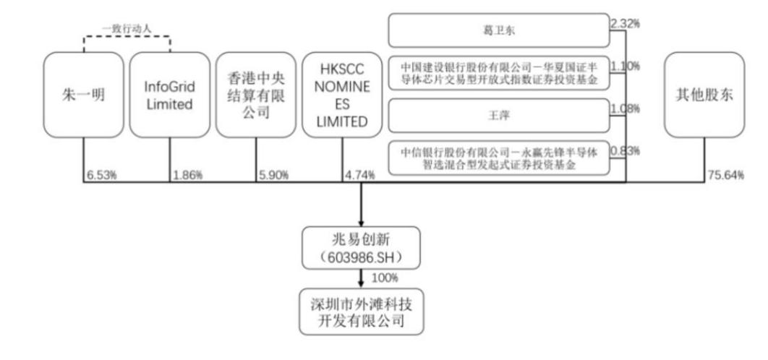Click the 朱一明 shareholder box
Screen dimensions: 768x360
click(x=83, y=95)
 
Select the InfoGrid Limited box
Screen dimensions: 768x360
click(x=169, y=95)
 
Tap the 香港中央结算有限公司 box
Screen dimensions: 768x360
click(x=256, y=95)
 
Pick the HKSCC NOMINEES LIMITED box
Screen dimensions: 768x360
click(x=342, y=95)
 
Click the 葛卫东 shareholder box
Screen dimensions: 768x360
click(x=498, y=30)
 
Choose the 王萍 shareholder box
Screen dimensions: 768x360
click(x=498, y=115)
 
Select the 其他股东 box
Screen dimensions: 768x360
click(x=704, y=95)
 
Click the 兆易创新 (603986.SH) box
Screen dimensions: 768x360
click(x=361, y=248)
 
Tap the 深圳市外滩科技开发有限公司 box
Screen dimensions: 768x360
click(x=361, y=312)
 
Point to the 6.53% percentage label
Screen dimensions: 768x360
click(x=101, y=175)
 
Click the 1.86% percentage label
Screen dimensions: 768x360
click(x=187, y=175)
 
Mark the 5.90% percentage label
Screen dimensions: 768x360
click(x=274, y=175)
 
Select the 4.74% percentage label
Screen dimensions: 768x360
click(x=360, y=175)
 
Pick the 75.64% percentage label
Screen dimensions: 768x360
click(x=725, y=175)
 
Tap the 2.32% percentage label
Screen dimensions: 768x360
click(x=626, y=23)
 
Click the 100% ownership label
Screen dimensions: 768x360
click(x=385, y=278)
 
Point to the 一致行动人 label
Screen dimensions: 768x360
click(x=127, y=29)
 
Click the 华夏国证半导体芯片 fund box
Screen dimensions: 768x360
click(x=498, y=73)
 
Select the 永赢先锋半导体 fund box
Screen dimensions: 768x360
click(x=498, y=158)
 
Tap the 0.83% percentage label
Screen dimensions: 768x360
click(x=626, y=151)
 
